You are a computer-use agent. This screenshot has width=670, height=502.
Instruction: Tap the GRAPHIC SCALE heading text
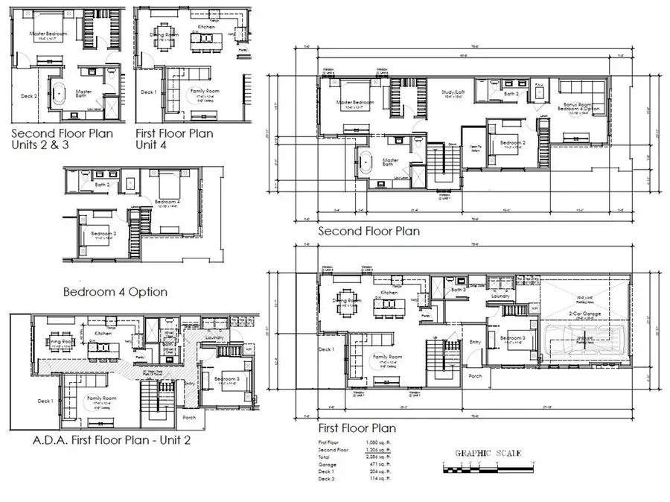click(x=488, y=454)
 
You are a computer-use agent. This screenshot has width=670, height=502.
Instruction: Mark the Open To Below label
click(x=472, y=147)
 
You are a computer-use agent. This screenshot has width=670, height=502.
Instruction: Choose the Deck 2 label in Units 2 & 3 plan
click(x=28, y=95)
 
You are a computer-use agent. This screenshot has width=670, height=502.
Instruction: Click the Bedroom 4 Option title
click(x=115, y=291)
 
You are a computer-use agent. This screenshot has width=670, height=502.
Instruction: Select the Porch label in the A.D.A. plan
click(x=189, y=417)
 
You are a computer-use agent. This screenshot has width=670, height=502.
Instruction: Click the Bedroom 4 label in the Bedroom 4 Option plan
click(x=166, y=202)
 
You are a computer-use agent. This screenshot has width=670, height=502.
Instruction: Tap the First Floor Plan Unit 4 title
click(x=174, y=139)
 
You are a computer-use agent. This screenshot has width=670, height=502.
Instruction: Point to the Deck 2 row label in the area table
click(x=326, y=477)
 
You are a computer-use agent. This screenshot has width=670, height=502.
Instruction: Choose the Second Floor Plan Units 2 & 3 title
click(x=62, y=139)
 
